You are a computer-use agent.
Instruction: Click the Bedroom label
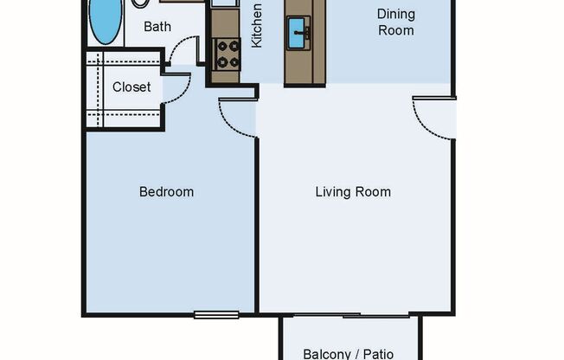166,191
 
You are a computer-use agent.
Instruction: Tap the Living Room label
352,191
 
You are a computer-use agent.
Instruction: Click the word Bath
157,27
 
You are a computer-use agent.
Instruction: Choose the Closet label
131,87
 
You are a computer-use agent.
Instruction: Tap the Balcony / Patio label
349,353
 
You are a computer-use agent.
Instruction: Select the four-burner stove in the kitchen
228,54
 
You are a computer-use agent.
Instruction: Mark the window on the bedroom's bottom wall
215,314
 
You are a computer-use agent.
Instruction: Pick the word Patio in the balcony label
377,353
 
